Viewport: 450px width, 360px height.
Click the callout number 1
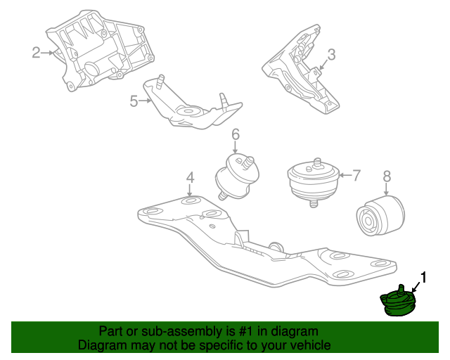423,276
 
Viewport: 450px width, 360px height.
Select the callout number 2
36,51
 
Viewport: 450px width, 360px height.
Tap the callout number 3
331,54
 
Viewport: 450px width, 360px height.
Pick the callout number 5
134,101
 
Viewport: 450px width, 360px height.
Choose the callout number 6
236,134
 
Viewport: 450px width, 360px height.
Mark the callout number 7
356,174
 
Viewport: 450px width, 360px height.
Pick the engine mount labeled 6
236,176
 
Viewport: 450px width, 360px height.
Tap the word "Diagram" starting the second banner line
101,346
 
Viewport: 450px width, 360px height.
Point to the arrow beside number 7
342,174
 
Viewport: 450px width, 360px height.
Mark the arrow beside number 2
49,51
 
